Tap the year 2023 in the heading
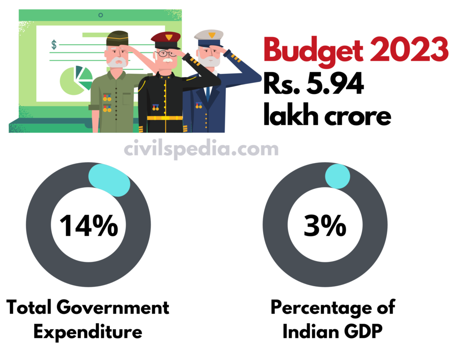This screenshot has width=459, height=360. tap(410, 50)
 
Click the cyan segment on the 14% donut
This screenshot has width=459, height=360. tap(109, 180)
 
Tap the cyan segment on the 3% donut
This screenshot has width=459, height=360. tap(337, 176)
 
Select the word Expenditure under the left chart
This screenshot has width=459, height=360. tap(88, 332)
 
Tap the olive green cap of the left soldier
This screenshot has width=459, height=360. tap(117, 39)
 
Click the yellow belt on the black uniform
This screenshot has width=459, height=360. tap(164, 118)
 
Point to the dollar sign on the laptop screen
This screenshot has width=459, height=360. tap(54, 44)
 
